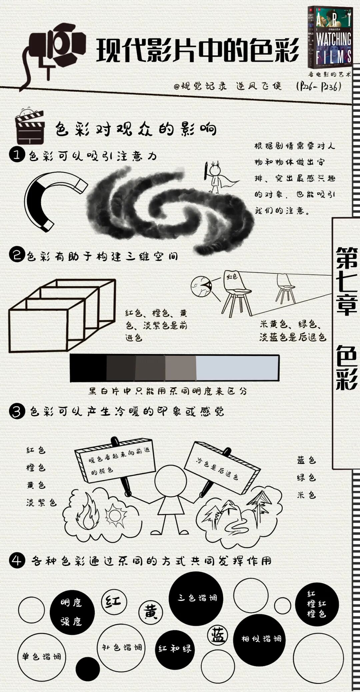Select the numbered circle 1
click(x=17, y=155)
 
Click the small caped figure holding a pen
click(x=215, y=178)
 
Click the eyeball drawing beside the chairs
click(x=201, y=286)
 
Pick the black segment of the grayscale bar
click(x=88, y=368)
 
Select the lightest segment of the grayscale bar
click(x=237, y=368)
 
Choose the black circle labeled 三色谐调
click(x=196, y=597)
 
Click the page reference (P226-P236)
click(x=318, y=87)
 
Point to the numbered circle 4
click(x=17, y=561)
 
